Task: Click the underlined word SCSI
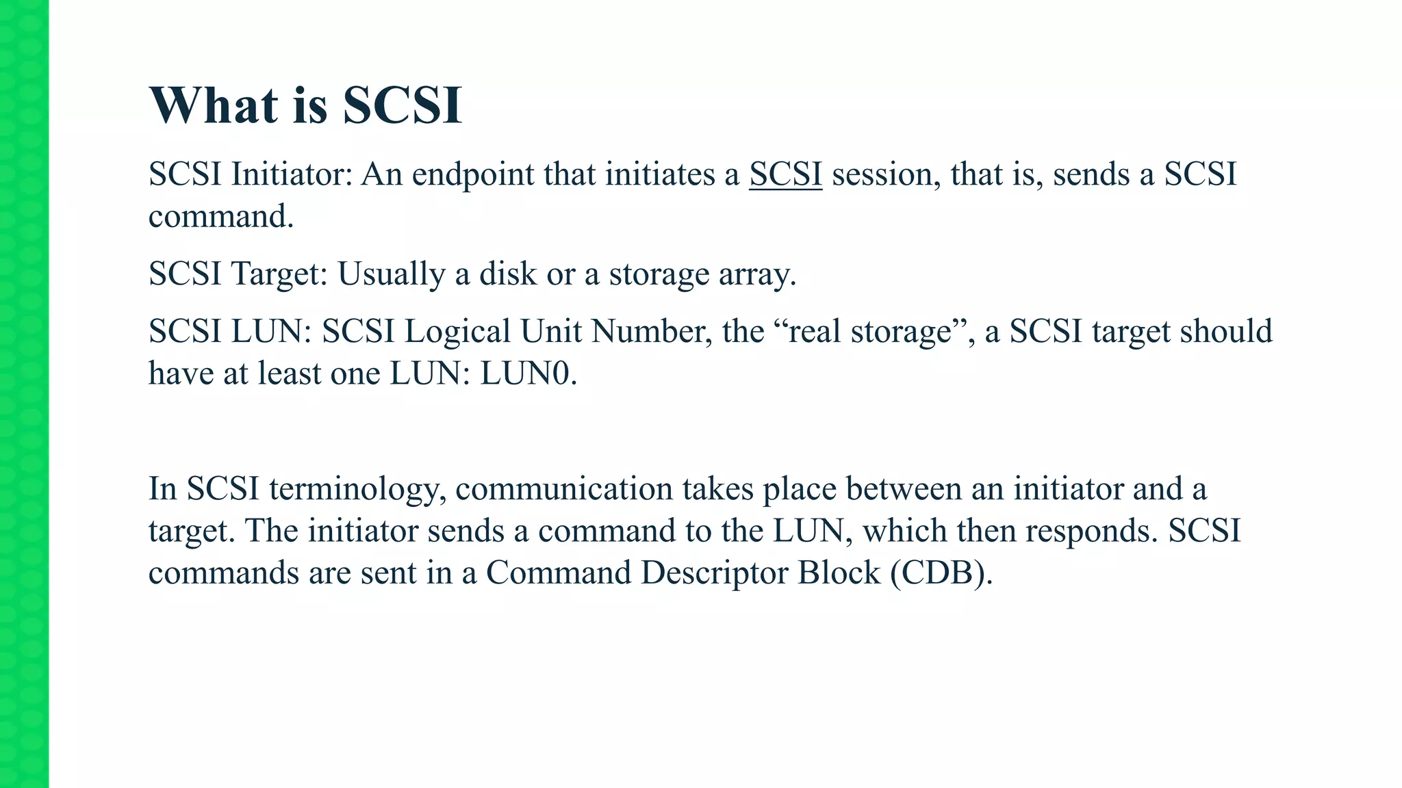tap(785, 174)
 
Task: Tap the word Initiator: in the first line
tap(292, 174)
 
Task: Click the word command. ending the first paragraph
tap(221, 217)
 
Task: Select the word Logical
tap(457, 332)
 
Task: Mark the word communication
tap(564, 489)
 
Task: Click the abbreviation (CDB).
tap(941, 573)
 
